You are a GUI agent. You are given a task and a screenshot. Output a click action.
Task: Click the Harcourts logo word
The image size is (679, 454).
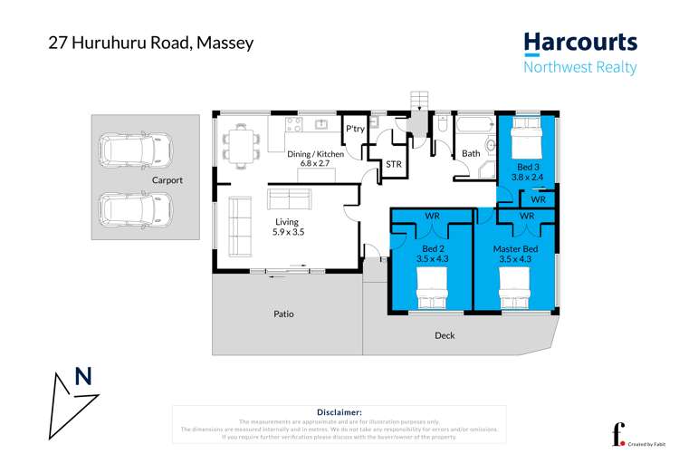pyautogui.click(x=580, y=43)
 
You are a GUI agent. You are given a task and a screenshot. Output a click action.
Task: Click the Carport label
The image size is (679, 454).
pyautogui.click(x=167, y=180)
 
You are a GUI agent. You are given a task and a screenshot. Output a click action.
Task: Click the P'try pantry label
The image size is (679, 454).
pyautogui.click(x=354, y=130)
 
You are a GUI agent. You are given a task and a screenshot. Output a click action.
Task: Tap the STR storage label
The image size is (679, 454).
pyautogui.click(x=393, y=164)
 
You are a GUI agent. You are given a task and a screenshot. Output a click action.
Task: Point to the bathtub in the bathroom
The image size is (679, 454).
pyautogui.click(x=472, y=126)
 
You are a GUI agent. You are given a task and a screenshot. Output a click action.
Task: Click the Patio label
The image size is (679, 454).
pyautogui.click(x=284, y=314)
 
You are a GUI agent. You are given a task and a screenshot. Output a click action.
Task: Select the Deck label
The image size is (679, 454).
pyautogui.click(x=445, y=335)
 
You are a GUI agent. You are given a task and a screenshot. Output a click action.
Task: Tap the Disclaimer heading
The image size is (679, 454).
pyautogui.click(x=339, y=411)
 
